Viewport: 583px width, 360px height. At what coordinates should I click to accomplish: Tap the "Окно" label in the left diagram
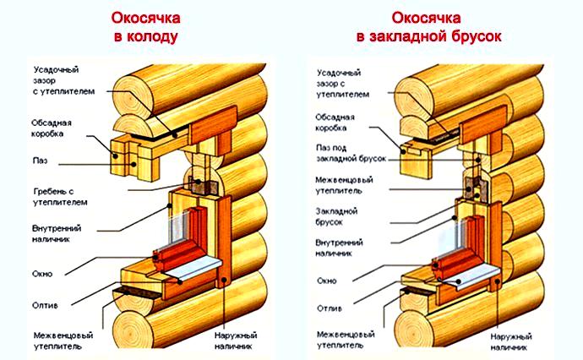[x=43, y=274]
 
